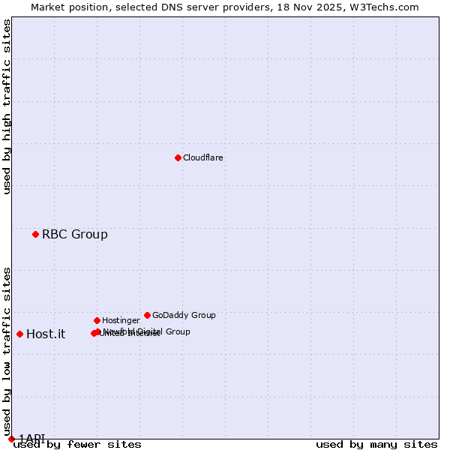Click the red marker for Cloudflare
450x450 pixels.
[178, 157]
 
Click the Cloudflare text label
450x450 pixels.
[203, 157]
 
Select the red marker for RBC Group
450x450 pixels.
[35, 234]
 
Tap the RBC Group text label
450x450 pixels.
[74, 234]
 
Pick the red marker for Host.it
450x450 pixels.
[19, 334]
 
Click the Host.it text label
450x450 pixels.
[46, 334]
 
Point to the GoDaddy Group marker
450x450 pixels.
[147, 315]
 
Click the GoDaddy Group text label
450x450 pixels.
[184, 315]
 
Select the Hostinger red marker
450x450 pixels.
[97, 320]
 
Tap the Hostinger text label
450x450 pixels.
[121, 320]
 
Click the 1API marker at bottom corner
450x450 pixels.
[11, 438]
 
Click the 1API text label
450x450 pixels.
[31, 438]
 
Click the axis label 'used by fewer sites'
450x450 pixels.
[77, 444]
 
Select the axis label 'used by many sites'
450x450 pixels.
[376, 444]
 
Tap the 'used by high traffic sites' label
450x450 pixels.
[7, 106]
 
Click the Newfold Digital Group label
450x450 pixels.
[150, 331]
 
